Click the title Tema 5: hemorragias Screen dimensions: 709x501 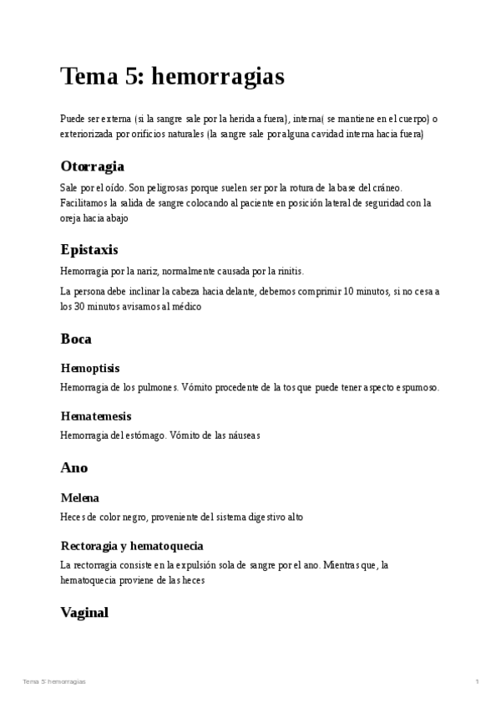pos(173,77)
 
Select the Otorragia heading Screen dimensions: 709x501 pos(93,166)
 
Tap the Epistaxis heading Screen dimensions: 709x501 pos(89,250)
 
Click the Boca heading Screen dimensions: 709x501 pos(76,339)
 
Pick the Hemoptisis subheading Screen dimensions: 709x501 pos(90,368)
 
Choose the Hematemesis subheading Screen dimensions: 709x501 pos(96,416)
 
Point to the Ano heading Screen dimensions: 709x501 pos(74,467)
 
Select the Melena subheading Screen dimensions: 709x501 pos(80,497)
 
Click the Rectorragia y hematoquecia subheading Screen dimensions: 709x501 pos(132,545)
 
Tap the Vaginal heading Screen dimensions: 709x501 pos(84,612)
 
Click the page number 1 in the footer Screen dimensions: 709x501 pos(477,682)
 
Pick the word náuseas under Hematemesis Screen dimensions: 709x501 pos(242,435)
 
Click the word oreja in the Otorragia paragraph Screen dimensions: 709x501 pos(70,217)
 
